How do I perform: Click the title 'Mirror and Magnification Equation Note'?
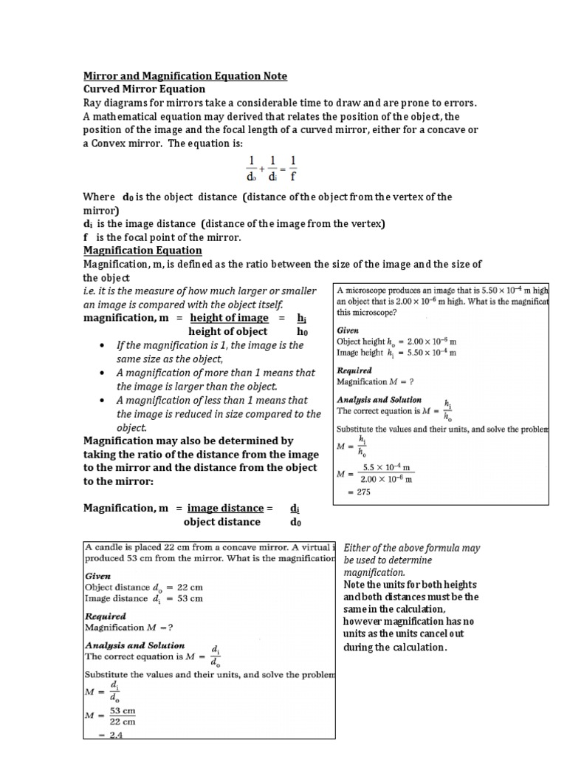click(185, 76)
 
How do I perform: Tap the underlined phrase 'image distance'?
click(225, 508)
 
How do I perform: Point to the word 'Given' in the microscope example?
click(348, 330)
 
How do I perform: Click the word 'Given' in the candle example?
click(98, 574)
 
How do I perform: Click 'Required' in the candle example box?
click(106, 616)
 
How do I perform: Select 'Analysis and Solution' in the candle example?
click(135, 645)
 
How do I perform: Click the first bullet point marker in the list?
click(101, 346)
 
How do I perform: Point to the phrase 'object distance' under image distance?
click(221, 522)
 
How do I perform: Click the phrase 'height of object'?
click(228, 332)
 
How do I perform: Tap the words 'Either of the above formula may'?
click(412, 548)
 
